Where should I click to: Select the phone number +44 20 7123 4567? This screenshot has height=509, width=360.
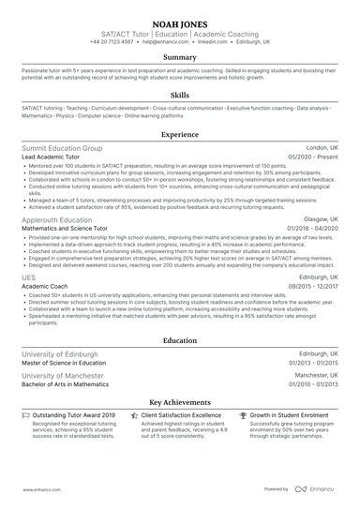click(112, 42)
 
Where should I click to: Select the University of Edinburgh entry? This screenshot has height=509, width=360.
click(60, 354)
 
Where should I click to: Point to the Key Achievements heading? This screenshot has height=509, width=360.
click(180, 400)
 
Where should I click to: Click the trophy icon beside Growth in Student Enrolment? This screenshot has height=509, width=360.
click(243, 414)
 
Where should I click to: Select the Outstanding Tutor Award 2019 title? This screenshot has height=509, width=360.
click(75, 414)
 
